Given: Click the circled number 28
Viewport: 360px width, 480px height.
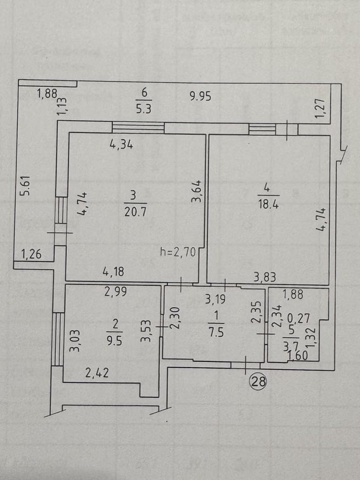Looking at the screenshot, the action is [258, 381].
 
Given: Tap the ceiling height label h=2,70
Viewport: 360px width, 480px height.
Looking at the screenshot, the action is [178, 252].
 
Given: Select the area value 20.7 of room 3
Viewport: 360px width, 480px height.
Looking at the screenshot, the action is [135, 212].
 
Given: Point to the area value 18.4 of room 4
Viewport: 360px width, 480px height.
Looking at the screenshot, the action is [268, 204].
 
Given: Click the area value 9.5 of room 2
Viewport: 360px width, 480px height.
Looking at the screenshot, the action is [115, 341].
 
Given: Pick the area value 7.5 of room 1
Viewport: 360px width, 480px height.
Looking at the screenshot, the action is [216, 332].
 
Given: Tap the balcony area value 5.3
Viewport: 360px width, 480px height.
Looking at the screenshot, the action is [144, 109].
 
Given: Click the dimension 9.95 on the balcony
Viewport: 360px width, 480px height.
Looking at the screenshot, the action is [200, 97].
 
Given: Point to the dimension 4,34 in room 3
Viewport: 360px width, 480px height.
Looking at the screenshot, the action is [121, 144].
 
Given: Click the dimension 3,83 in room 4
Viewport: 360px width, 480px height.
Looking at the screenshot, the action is [264, 278].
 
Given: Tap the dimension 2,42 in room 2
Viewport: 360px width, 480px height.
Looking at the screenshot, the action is [97, 373].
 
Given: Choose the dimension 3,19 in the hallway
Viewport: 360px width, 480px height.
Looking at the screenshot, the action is [216, 299].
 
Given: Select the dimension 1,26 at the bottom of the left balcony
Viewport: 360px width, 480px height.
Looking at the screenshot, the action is [31, 254].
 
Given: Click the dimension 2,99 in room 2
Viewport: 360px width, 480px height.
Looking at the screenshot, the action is [115, 291].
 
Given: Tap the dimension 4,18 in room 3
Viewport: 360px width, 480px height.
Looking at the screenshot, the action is [113, 271].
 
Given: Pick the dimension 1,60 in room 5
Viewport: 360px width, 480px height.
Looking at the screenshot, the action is [298, 355].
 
